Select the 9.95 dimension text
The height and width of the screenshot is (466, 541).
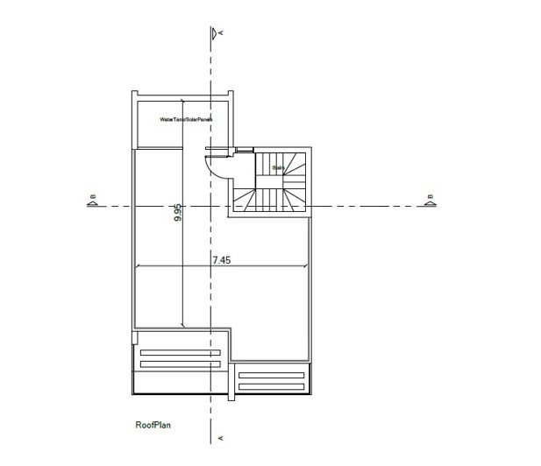[x=177, y=212]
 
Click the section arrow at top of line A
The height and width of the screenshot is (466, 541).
[x=213, y=35]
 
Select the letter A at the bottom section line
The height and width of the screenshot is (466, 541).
[x=222, y=436]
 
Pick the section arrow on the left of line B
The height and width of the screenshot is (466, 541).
[x=91, y=206]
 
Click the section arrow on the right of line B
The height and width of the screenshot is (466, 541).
[x=430, y=206]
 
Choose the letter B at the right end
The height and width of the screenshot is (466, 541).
[x=429, y=196]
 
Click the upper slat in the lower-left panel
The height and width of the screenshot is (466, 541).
[x=179, y=352]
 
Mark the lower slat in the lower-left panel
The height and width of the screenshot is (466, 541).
[x=179, y=364]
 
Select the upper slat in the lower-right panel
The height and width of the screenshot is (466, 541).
[x=274, y=376]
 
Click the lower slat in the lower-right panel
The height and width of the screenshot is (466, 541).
[x=274, y=386]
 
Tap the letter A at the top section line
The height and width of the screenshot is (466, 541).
[x=222, y=32]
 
